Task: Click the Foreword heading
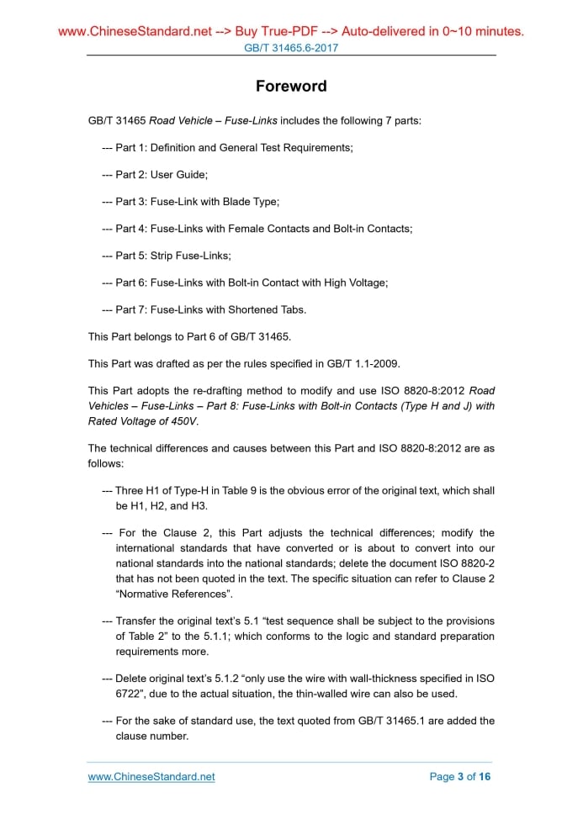click(x=291, y=86)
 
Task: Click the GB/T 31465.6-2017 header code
click(x=291, y=48)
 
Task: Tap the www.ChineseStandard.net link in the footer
click(x=151, y=776)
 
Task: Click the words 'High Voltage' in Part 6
click(x=355, y=282)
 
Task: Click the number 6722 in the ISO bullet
click(x=130, y=693)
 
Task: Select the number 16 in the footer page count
click(x=484, y=776)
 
